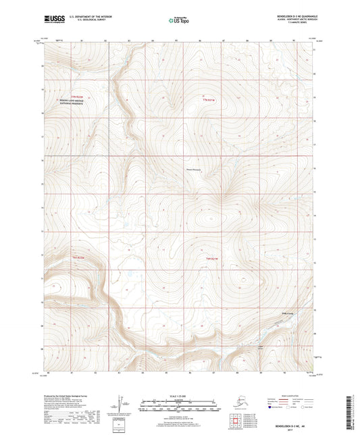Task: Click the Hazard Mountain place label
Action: point(194,170)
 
